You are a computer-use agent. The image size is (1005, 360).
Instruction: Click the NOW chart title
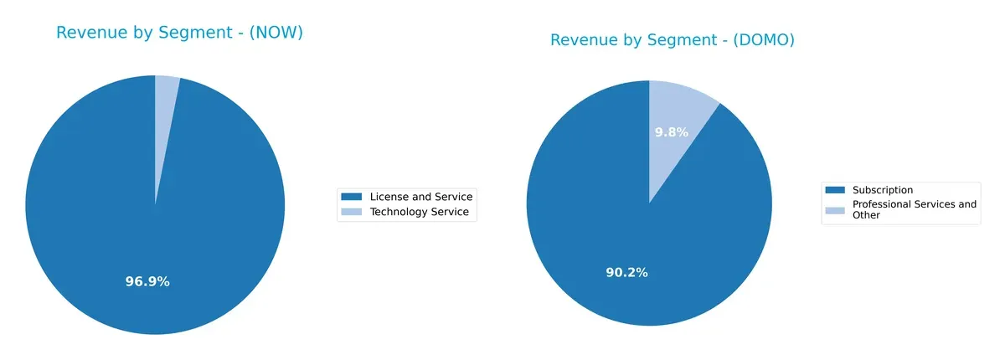[x=179, y=33]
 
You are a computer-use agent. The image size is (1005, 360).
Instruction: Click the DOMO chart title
[x=672, y=40]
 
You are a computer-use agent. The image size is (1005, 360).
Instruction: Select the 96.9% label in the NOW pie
[x=147, y=281]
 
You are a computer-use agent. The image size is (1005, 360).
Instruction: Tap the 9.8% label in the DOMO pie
[x=671, y=131]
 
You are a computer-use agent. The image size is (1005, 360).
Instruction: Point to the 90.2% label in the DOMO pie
[x=626, y=272]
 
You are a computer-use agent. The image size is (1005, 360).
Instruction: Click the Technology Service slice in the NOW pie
[x=165, y=109]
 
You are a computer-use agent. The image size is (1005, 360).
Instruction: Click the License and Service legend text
[x=421, y=197]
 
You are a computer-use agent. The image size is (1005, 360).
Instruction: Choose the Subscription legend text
[x=882, y=190]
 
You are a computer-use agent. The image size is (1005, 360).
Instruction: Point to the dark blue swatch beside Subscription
[x=834, y=190]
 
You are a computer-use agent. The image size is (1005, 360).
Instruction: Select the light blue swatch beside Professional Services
[x=834, y=209]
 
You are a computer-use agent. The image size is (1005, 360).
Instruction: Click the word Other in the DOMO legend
[x=866, y=215]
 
